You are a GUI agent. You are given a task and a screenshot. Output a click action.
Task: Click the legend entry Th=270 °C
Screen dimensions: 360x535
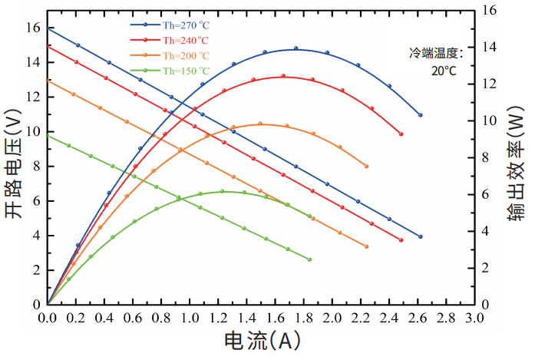(x=184, y=25)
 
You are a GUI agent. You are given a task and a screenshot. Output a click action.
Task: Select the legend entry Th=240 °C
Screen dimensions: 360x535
(x=184, y=40)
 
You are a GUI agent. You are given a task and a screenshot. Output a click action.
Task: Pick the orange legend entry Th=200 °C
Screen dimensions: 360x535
(x=184, y=55)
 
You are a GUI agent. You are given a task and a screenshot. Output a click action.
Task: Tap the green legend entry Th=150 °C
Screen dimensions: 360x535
(x=184, y=71)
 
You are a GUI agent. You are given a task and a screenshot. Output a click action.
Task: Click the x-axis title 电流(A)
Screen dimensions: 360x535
(x=261, y=340)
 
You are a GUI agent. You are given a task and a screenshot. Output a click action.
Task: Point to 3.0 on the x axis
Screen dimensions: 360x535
(x=474, y=316)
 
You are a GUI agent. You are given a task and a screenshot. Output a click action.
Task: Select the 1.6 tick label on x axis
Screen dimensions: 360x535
(x=276, y=316)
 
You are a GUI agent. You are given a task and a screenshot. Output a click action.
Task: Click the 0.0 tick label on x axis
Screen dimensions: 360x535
(x=48, y=316)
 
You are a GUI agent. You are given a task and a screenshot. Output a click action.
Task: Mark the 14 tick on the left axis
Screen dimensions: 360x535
(x=32, y=62)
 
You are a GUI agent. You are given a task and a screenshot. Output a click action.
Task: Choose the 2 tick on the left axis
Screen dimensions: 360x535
(x=35, y=270)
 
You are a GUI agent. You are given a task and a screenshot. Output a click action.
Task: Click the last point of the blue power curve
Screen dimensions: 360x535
(x=420, y=115)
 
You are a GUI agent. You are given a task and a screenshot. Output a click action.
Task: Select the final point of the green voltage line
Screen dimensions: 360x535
(x=309, y=259)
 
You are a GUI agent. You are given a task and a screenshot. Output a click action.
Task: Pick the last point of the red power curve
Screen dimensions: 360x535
(x=401, y=134)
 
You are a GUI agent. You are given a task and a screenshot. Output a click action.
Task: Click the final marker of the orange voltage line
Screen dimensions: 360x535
(x=366, y=246)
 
